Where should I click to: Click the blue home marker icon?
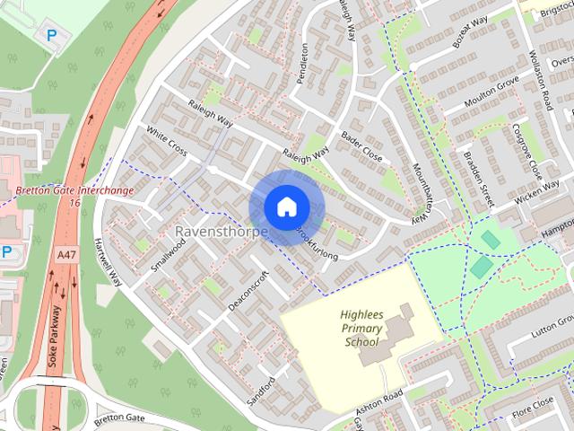[x=285, y=207]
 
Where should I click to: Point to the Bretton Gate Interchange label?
[x=74, y=190]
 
